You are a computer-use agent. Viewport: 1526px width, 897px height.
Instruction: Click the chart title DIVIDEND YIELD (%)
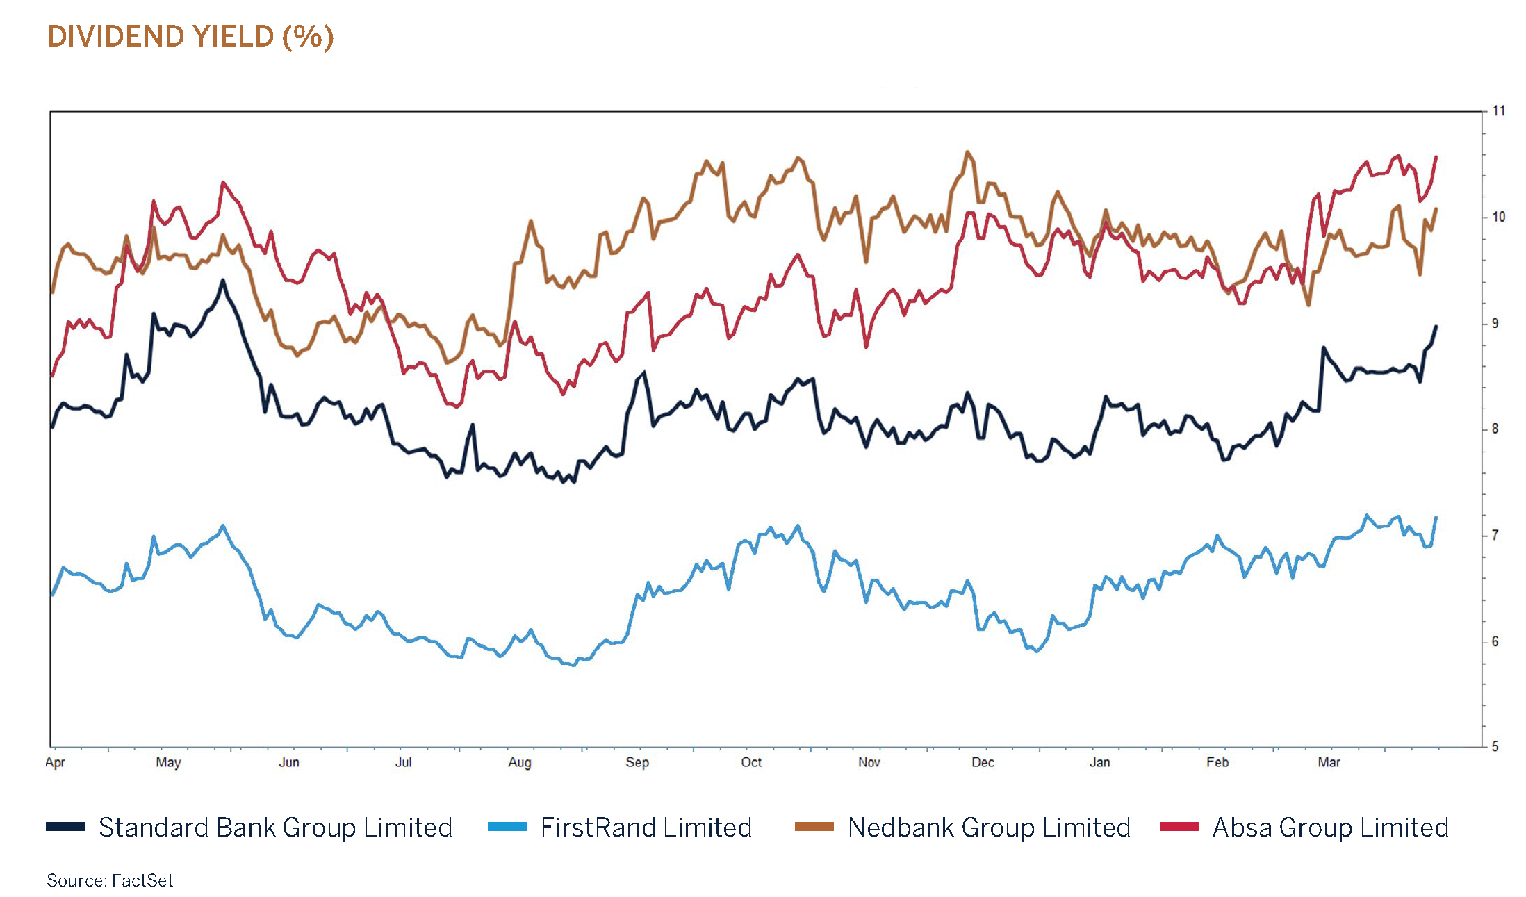(190, 37)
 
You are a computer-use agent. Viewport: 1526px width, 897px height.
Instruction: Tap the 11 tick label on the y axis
(1498, 111)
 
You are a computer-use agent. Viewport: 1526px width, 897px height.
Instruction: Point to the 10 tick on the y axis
(1498, 217)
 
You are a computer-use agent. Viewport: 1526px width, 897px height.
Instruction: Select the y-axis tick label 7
(1495, 535)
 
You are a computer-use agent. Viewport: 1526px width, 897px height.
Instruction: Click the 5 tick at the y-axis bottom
(1495, 747)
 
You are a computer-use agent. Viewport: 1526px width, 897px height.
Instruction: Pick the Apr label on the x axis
(55, 762)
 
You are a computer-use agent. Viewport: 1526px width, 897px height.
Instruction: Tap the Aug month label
(520, 762)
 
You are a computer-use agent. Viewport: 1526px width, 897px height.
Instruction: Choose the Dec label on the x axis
(983, 762)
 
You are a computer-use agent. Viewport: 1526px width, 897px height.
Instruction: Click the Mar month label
(1329, 762)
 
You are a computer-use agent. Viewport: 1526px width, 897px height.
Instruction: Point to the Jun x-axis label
(289, 762)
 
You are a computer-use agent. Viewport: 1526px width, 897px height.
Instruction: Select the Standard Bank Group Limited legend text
(275, 828)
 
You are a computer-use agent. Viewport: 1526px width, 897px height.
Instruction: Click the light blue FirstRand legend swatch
(507, 827)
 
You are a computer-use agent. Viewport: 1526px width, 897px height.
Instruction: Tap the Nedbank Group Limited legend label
(989, 828)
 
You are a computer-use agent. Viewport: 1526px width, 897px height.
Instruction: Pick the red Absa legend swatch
(1179, 827)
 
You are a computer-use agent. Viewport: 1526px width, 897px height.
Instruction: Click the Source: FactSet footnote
(110, 881)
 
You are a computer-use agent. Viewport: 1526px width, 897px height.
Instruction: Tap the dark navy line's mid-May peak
(222, 280)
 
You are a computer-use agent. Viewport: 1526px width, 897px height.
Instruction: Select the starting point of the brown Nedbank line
(52, 293)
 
